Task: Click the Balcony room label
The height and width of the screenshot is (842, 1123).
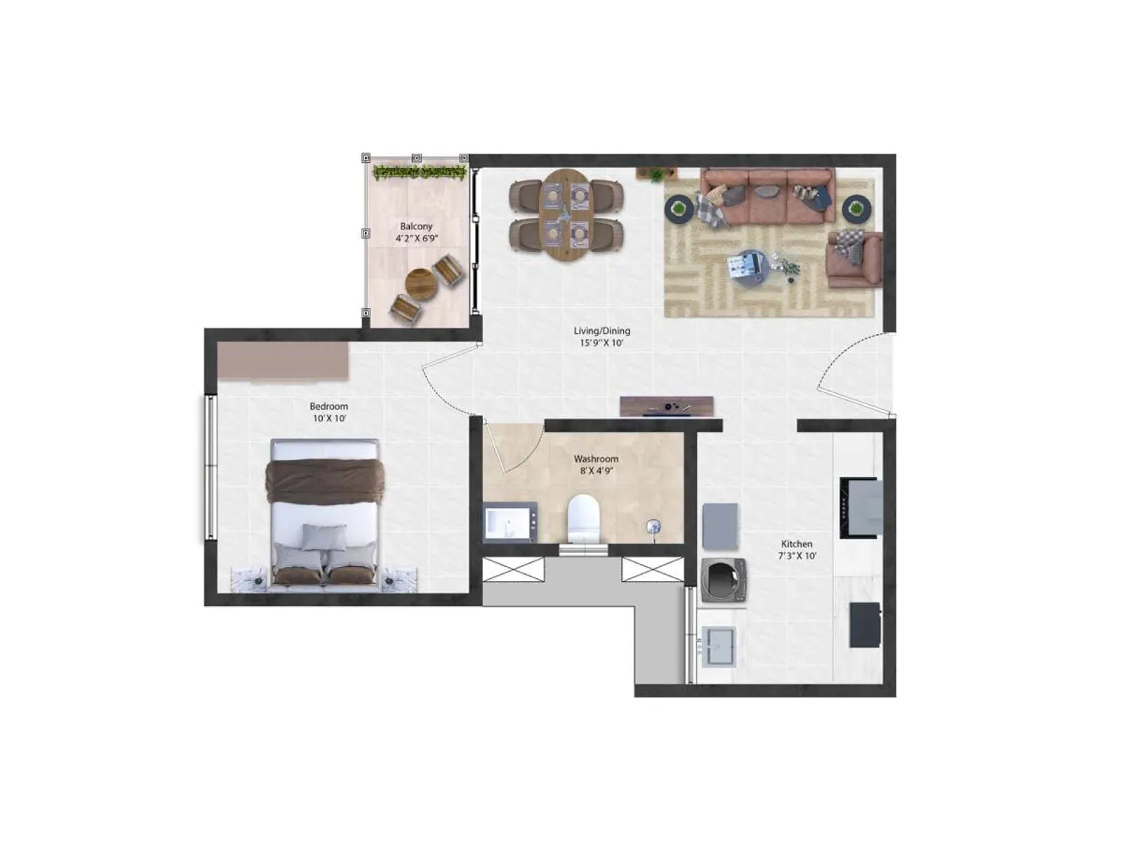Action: click(x=416, y=227)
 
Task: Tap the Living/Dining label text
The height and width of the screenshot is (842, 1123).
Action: click(x=602, y=330)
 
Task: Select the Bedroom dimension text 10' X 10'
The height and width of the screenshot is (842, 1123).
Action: click(x=329, y=418)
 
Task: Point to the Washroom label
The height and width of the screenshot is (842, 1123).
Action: click(x=596, y=459)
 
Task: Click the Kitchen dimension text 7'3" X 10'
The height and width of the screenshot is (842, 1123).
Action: click(x=797, y=556)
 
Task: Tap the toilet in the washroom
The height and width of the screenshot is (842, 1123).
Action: click(x=584, y=519)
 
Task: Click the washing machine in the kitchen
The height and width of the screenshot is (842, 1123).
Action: click(x=724, y=579)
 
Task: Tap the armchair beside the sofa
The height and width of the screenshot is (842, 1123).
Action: click(x=853, y=259)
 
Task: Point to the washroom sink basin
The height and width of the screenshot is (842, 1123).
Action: click(x=510, y=523)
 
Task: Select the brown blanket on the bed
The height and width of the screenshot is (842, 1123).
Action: click(x=324, y=481)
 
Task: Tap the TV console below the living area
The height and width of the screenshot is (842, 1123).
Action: click(x=666, y=406)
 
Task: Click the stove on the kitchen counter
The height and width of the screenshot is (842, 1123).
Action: click(x=860, y=507)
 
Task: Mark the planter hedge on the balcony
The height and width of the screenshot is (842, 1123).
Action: click(x=420, y=171)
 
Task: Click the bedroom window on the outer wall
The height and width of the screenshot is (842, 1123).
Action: click(x=210, y=467)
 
